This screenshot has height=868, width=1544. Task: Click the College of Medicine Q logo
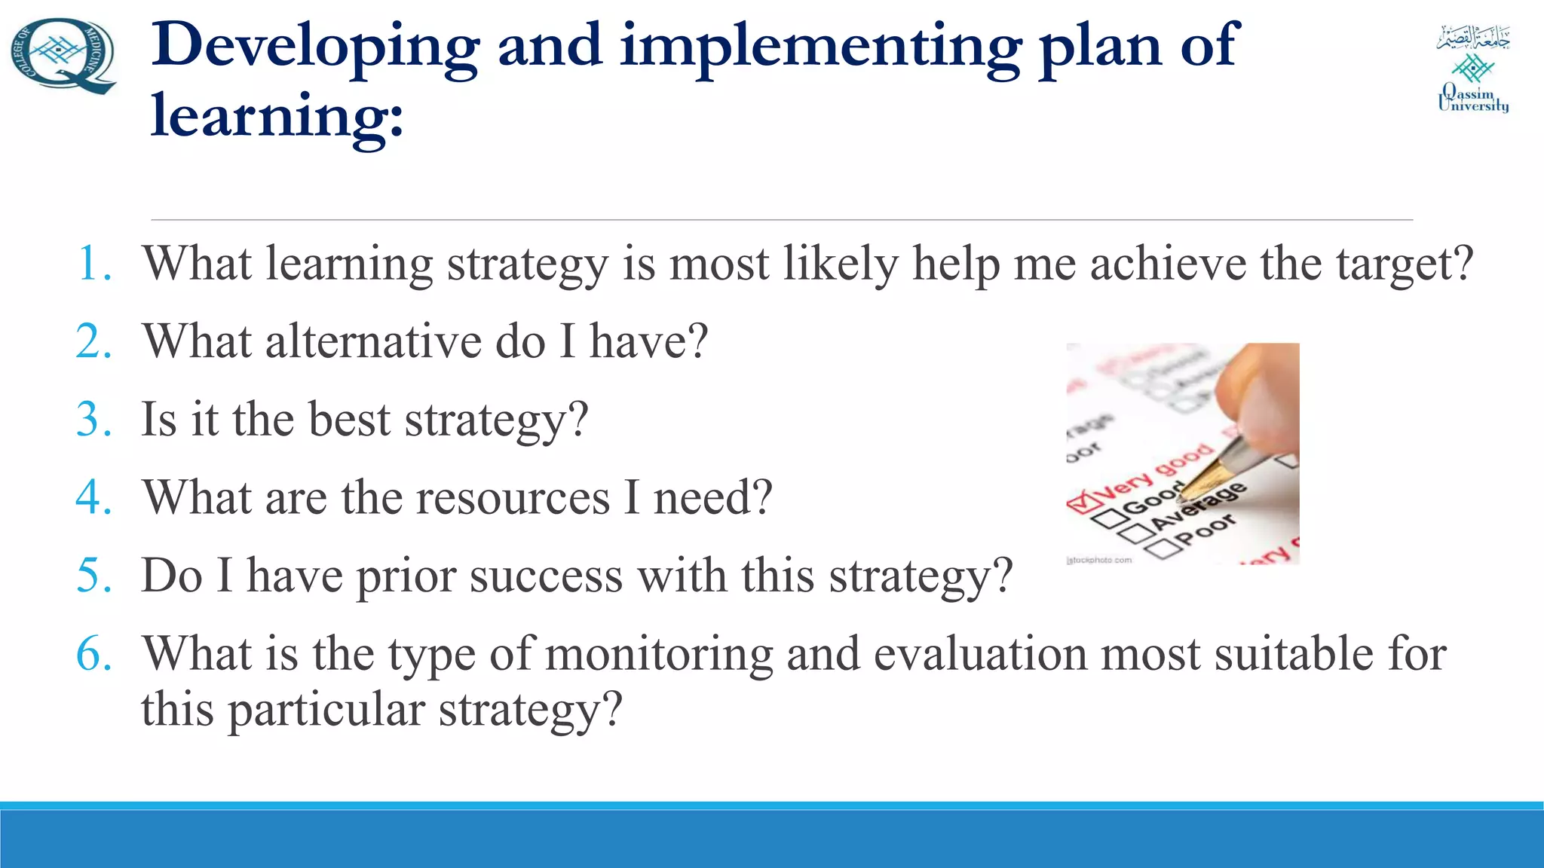(63, 56)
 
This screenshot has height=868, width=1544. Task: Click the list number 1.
(94, 264)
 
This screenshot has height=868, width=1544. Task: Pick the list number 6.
(94, 653)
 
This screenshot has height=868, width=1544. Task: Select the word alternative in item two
(373, 342)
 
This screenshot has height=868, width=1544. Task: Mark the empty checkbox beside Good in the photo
(1107, 519)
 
